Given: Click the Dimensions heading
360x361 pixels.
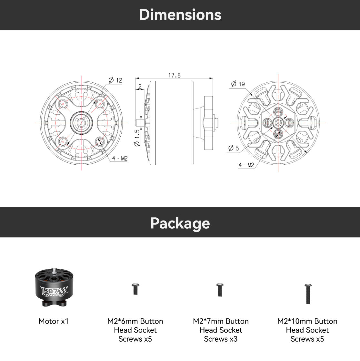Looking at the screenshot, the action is click(180, 15).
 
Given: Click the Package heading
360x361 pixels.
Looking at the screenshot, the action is click(180, 223).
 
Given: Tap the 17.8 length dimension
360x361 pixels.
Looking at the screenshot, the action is click(175, 75).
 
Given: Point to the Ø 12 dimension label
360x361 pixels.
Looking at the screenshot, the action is click(115, 80).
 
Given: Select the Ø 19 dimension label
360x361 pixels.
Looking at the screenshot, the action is click(238, 84).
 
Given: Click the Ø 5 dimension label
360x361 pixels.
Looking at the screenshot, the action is click(234, 148).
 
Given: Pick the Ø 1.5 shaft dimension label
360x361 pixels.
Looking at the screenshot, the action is click(137, 138).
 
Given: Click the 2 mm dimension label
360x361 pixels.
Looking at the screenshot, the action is click(140, 86).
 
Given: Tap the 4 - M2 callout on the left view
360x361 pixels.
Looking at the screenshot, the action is click(120, 159).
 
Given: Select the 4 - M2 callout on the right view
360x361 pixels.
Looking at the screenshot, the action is click(246, 165).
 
